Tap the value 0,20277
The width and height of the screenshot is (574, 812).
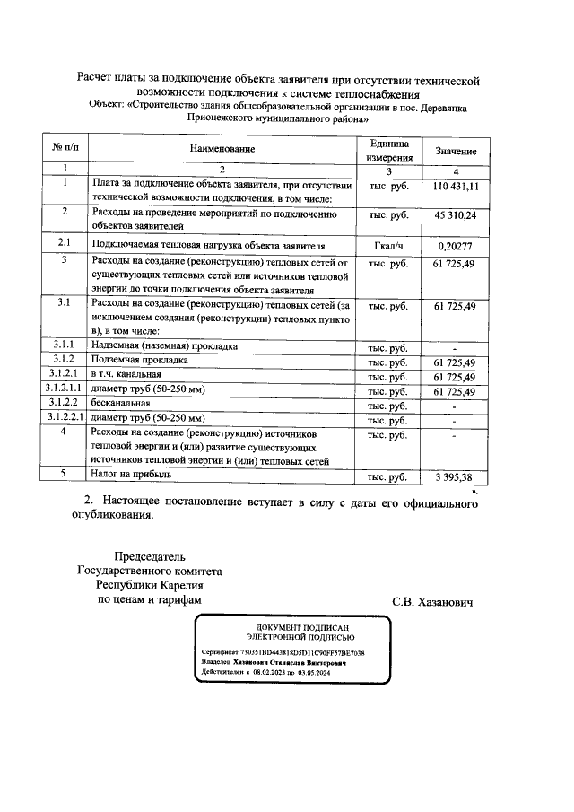[x=456, y=245]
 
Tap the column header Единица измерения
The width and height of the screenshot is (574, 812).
[x=388, y=149]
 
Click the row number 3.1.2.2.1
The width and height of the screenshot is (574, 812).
[x=65, y=419]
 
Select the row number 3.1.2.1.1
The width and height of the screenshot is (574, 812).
[x=65, y=390]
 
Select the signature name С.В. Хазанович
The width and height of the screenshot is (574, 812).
[x=431, y=600]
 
